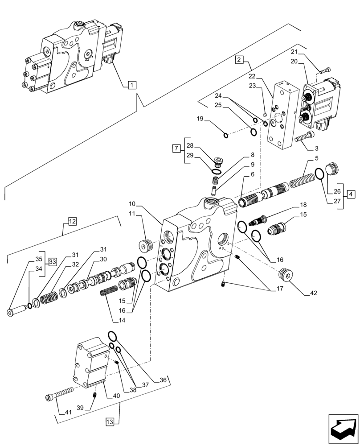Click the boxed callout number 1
click(132, 84)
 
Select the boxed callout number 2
click(239, 59)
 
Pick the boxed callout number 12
click(73, 220)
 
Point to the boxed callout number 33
click(52, 262)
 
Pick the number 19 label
click(200, 119)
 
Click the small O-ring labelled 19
click(225, 136)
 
